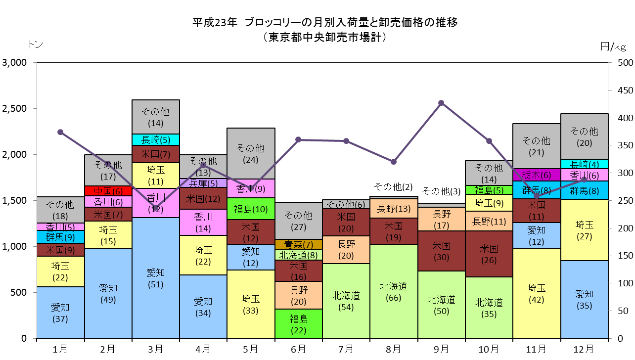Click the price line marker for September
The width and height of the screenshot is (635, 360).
[x=441, y=103]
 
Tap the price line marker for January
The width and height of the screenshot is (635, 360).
[x=60, y=132]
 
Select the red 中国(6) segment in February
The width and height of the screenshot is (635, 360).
[x=108, y=191]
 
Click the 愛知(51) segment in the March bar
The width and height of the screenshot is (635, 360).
[x=156, y=278]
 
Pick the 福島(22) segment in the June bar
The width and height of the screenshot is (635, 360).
[x=299, y=323]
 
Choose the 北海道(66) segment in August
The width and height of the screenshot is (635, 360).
[x=394, y=291]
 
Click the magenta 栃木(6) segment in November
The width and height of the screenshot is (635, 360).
[x=537, y=175]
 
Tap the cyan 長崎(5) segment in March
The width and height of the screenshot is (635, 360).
[x=156, y=139]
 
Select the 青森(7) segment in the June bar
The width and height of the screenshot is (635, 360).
[x=299, y=244]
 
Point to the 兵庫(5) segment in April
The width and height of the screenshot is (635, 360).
[x=203, y=183]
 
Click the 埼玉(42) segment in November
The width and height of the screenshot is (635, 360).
[x=537, y=293]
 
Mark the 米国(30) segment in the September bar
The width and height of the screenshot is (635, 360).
[x=441, y=251]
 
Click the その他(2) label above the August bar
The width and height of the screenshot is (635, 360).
[x=393, y=187]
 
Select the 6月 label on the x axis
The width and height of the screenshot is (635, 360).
[x=299, y=349]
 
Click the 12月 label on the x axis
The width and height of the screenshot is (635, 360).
[x=584, y=349]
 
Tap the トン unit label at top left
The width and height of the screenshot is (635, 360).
[x=36, y=44]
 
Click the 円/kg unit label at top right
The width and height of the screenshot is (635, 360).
[x=613, y=46]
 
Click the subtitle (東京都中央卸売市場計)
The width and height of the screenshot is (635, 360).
[x=325, y=37]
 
